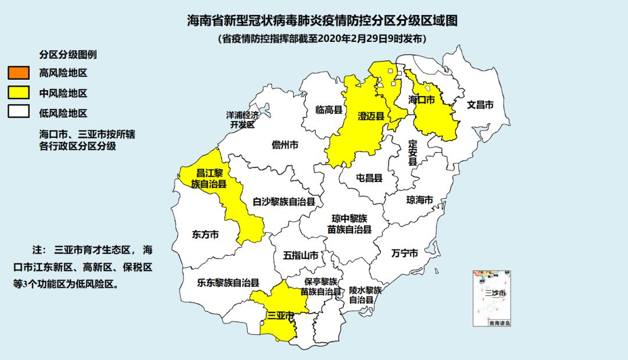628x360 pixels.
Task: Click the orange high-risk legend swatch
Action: point(19,73)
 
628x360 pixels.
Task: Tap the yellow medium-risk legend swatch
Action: point(19,92)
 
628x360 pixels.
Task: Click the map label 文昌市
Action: point(480,105)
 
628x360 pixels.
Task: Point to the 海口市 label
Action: point(421,100)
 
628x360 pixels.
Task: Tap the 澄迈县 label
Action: point(372,116)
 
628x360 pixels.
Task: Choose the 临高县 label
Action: point(329,109)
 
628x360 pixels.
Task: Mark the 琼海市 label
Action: point(420,200)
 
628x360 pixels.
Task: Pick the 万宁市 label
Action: point(404,254)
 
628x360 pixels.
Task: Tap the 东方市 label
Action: point(205,235)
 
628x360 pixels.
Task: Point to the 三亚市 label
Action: point(280,315)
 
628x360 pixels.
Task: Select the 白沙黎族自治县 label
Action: point(284,202)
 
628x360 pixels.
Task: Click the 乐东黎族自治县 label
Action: point(227,283)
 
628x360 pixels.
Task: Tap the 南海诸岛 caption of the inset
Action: point(499,323)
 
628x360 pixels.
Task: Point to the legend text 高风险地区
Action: point(63,74)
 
